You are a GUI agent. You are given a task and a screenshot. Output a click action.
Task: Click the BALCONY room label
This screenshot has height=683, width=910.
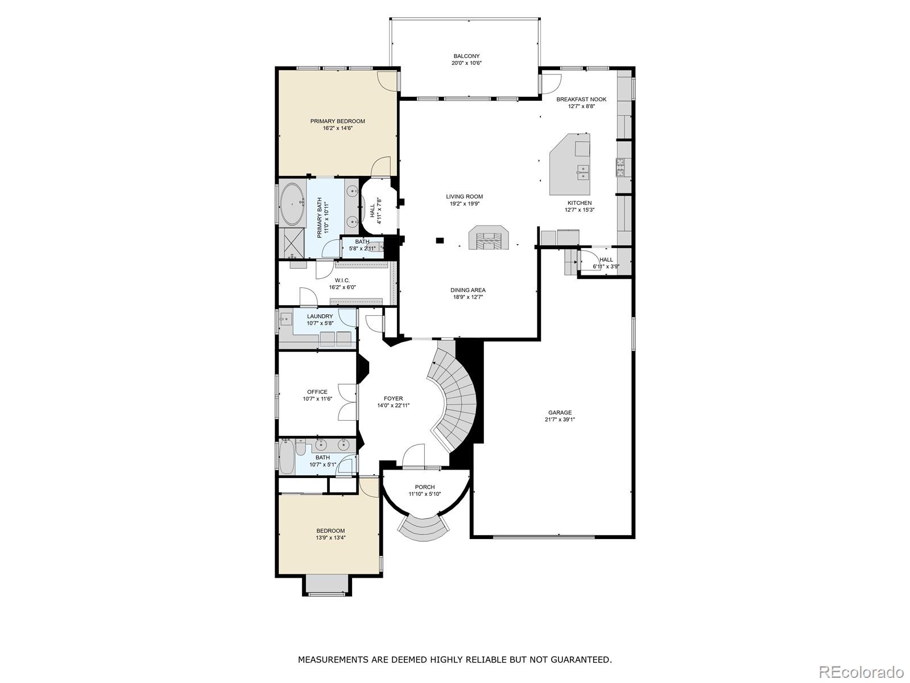tap(466, 56)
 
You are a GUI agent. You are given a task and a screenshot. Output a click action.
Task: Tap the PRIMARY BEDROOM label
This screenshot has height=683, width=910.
tap(337, 121)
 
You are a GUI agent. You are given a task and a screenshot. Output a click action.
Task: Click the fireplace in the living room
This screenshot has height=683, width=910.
tap(489, 237)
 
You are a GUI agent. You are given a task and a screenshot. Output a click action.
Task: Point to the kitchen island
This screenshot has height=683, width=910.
tap(570, 164)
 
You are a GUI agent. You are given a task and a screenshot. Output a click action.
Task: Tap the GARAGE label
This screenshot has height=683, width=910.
tap(560, 413)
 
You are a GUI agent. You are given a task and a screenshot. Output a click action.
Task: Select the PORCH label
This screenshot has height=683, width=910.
tap(425, 487)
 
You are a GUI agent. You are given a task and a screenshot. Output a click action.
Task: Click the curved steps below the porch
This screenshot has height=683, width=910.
tap(424, 528)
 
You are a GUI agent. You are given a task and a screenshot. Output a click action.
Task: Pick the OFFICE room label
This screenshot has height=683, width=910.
tap(317, 392)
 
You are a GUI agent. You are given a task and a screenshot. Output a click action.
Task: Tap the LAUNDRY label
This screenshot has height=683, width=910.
tap(320, 316)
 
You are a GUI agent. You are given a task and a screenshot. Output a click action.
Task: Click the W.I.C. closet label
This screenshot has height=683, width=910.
tap(342, 281)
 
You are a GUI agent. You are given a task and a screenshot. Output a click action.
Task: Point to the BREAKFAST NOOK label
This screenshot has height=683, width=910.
tap(581, 100)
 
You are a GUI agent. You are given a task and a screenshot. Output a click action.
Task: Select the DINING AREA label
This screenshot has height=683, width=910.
tap(468, 290)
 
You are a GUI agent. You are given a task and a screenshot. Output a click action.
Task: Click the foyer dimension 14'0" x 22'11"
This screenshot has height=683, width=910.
tap(393, 406)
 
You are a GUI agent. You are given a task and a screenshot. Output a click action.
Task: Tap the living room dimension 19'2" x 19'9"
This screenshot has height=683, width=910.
tap(464, 204)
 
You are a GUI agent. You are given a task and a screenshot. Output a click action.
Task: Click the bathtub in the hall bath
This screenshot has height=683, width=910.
tap(287, 457)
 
